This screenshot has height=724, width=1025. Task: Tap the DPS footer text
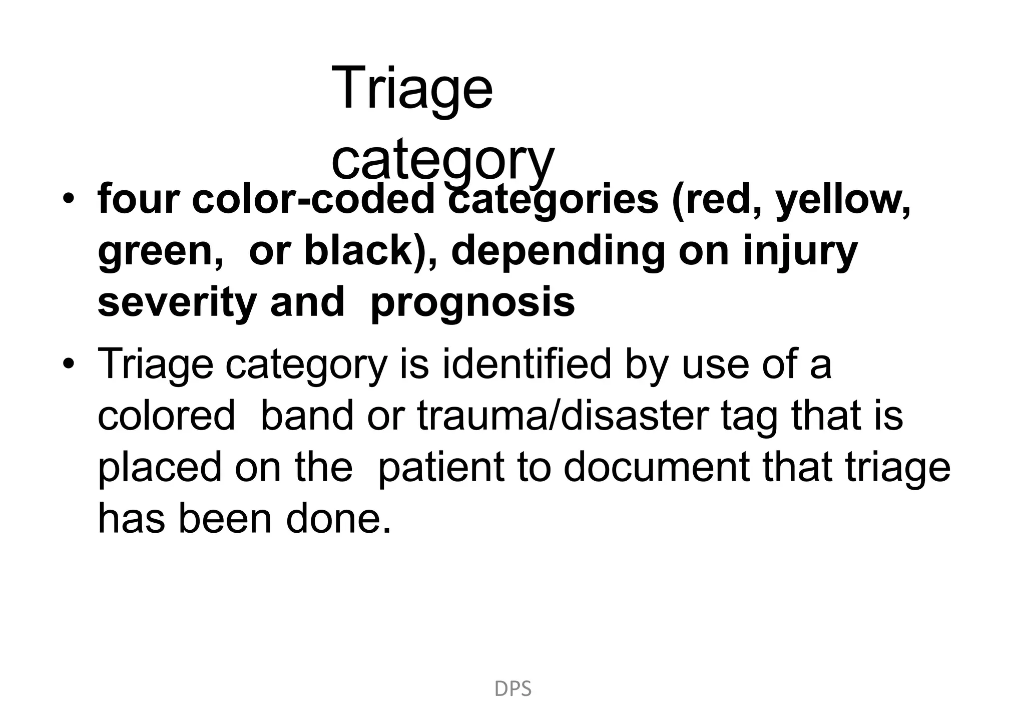[512, 689]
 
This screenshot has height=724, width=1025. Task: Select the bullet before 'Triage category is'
[69, 364]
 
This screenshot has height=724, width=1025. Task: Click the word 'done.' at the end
[338, 519]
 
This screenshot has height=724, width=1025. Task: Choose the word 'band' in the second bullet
[307, 416]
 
